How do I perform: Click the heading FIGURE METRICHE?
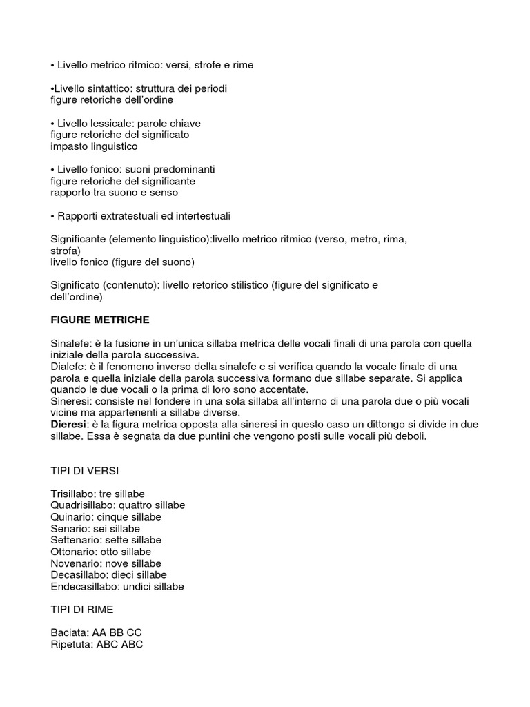coord(100,320)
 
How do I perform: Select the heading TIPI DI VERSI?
coord(84,470)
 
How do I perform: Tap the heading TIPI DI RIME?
coord(82,610)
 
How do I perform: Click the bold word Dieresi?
coord(68,425)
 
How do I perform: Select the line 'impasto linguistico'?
coord(94,146)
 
